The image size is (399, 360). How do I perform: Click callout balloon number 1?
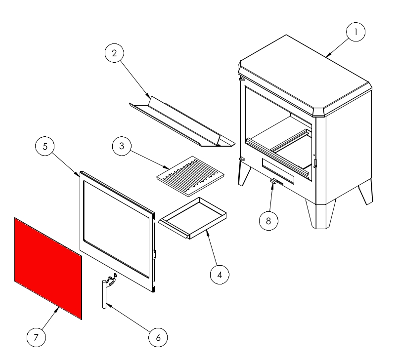coord(356,32)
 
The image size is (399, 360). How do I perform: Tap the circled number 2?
coord(114,53)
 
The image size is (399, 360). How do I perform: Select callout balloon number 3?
coord(122,146)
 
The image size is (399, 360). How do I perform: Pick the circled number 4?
coord(220,275)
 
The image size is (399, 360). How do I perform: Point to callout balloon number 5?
coord(45,146)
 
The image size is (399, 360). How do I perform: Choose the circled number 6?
coord(158,337)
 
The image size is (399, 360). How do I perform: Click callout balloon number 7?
coord(36,337)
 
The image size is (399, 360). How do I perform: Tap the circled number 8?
coord(268,221)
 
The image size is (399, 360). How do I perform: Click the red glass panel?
coord(48,268)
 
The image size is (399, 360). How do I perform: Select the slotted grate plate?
coord(190,176)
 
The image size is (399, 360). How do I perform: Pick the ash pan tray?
coord(192,218)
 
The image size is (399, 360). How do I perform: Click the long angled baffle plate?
coord(182,121)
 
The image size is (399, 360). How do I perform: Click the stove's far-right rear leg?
coord(366,192)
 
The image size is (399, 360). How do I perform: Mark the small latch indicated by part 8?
coord(273,181)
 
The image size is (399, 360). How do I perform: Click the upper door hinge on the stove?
coord(242,79)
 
